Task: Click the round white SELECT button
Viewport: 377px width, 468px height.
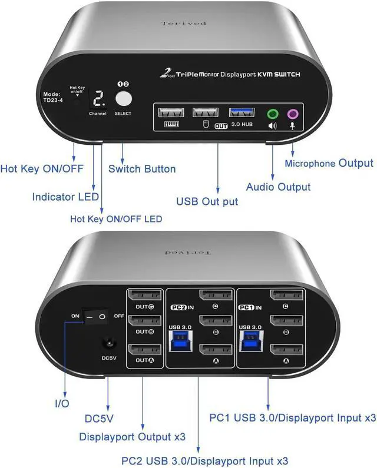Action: tap(123, 98)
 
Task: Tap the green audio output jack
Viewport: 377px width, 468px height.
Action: tap(272, 114)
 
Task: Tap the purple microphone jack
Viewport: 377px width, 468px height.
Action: tap(293, 114)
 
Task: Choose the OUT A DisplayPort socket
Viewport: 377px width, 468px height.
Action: tap(145, 349)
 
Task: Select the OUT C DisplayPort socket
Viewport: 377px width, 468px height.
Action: tap(145, 295)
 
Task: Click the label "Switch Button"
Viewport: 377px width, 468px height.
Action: tap(142, 169)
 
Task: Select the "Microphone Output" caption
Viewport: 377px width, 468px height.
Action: tap(329, 163)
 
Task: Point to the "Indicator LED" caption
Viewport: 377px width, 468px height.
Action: tap(65, 197)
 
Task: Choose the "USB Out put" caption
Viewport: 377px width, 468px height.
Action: tap(207, 201)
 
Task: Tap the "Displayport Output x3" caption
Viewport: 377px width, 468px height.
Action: tap(133, 436)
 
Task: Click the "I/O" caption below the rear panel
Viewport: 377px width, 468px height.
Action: tap(62, 404)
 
